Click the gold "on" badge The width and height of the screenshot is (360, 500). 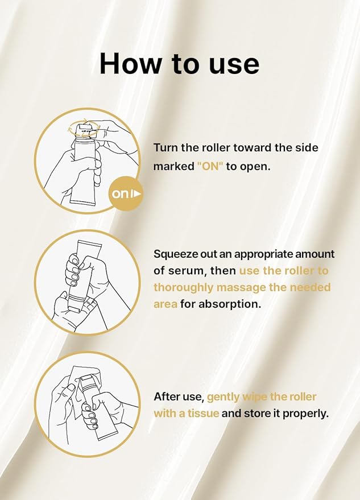pos(125,193)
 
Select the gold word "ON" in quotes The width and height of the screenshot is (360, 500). pos(210,166)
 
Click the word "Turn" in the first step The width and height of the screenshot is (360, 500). pos(166,148)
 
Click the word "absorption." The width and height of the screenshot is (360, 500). pos(230,304)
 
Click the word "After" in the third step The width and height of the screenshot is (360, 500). pos(165,396)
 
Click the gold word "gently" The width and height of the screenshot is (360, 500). pos(223,397)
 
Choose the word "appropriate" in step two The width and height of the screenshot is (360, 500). pos(263,255)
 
